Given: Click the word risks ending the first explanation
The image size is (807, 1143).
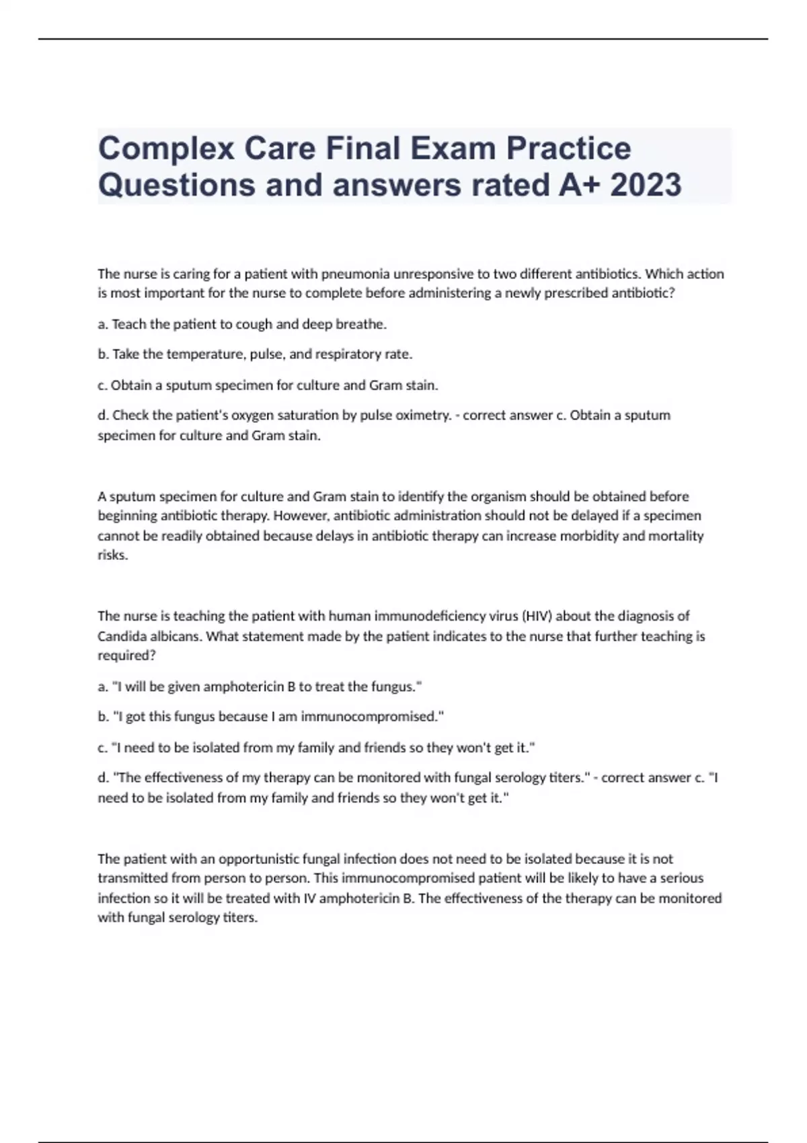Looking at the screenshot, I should pyautogui.click(x=112, y=555).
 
